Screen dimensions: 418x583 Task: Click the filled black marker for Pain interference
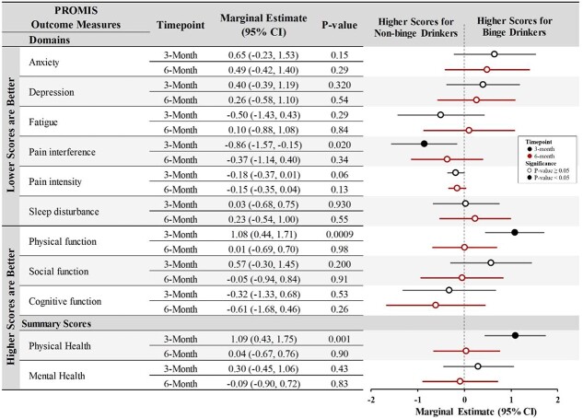(424, 144)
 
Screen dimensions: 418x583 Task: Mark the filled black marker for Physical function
(514, 233)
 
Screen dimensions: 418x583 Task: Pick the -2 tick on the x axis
(371, 399)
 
